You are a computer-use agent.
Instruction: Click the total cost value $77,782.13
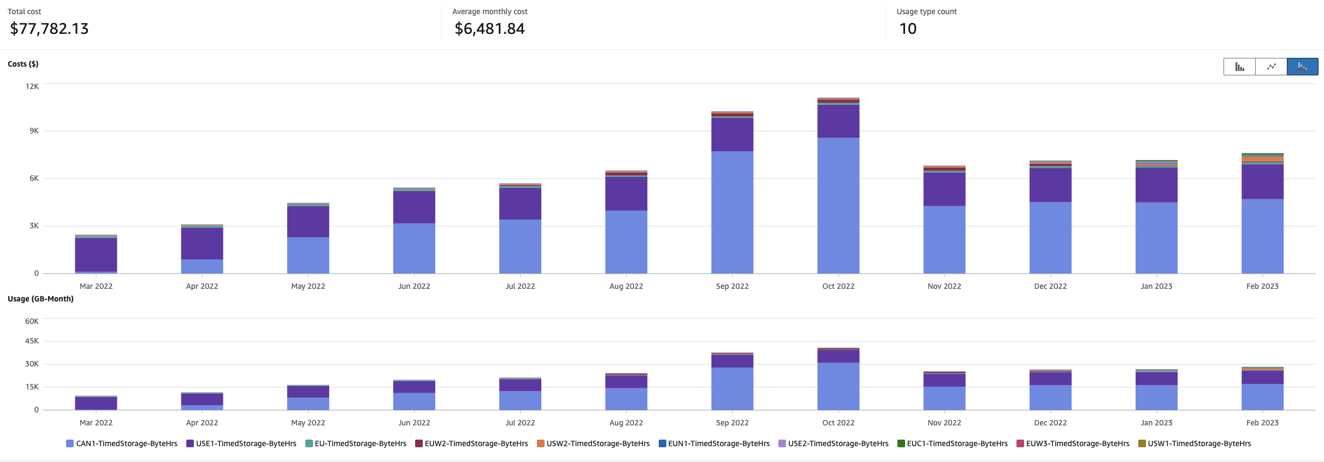[x=49, y=28]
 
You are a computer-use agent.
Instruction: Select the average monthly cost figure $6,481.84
[x=489, y=28]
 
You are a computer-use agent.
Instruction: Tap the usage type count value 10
[x=908, y=28]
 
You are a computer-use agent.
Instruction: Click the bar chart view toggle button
[x=1239, y=67]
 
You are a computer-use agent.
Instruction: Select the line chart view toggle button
[x=1271, y=67]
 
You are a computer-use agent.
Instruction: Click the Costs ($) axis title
[x=23, y=64]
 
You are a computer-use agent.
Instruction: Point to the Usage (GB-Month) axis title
[x=40, y=299]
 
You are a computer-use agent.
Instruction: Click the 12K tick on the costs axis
[x=32, y=86]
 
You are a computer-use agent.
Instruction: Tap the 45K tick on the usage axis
[x=32, y=341]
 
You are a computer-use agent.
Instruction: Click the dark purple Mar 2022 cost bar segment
[x=96, y=254]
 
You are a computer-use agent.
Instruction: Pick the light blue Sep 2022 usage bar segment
[x=732, y=388]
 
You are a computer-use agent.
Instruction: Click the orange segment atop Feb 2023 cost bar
[x=1262, y=159]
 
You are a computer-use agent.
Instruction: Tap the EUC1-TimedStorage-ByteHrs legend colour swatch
[x=901, y=443]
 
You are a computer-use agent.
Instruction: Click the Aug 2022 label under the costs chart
[x=626, y=286]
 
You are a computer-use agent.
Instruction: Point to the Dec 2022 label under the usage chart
[x=1050, y=423]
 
